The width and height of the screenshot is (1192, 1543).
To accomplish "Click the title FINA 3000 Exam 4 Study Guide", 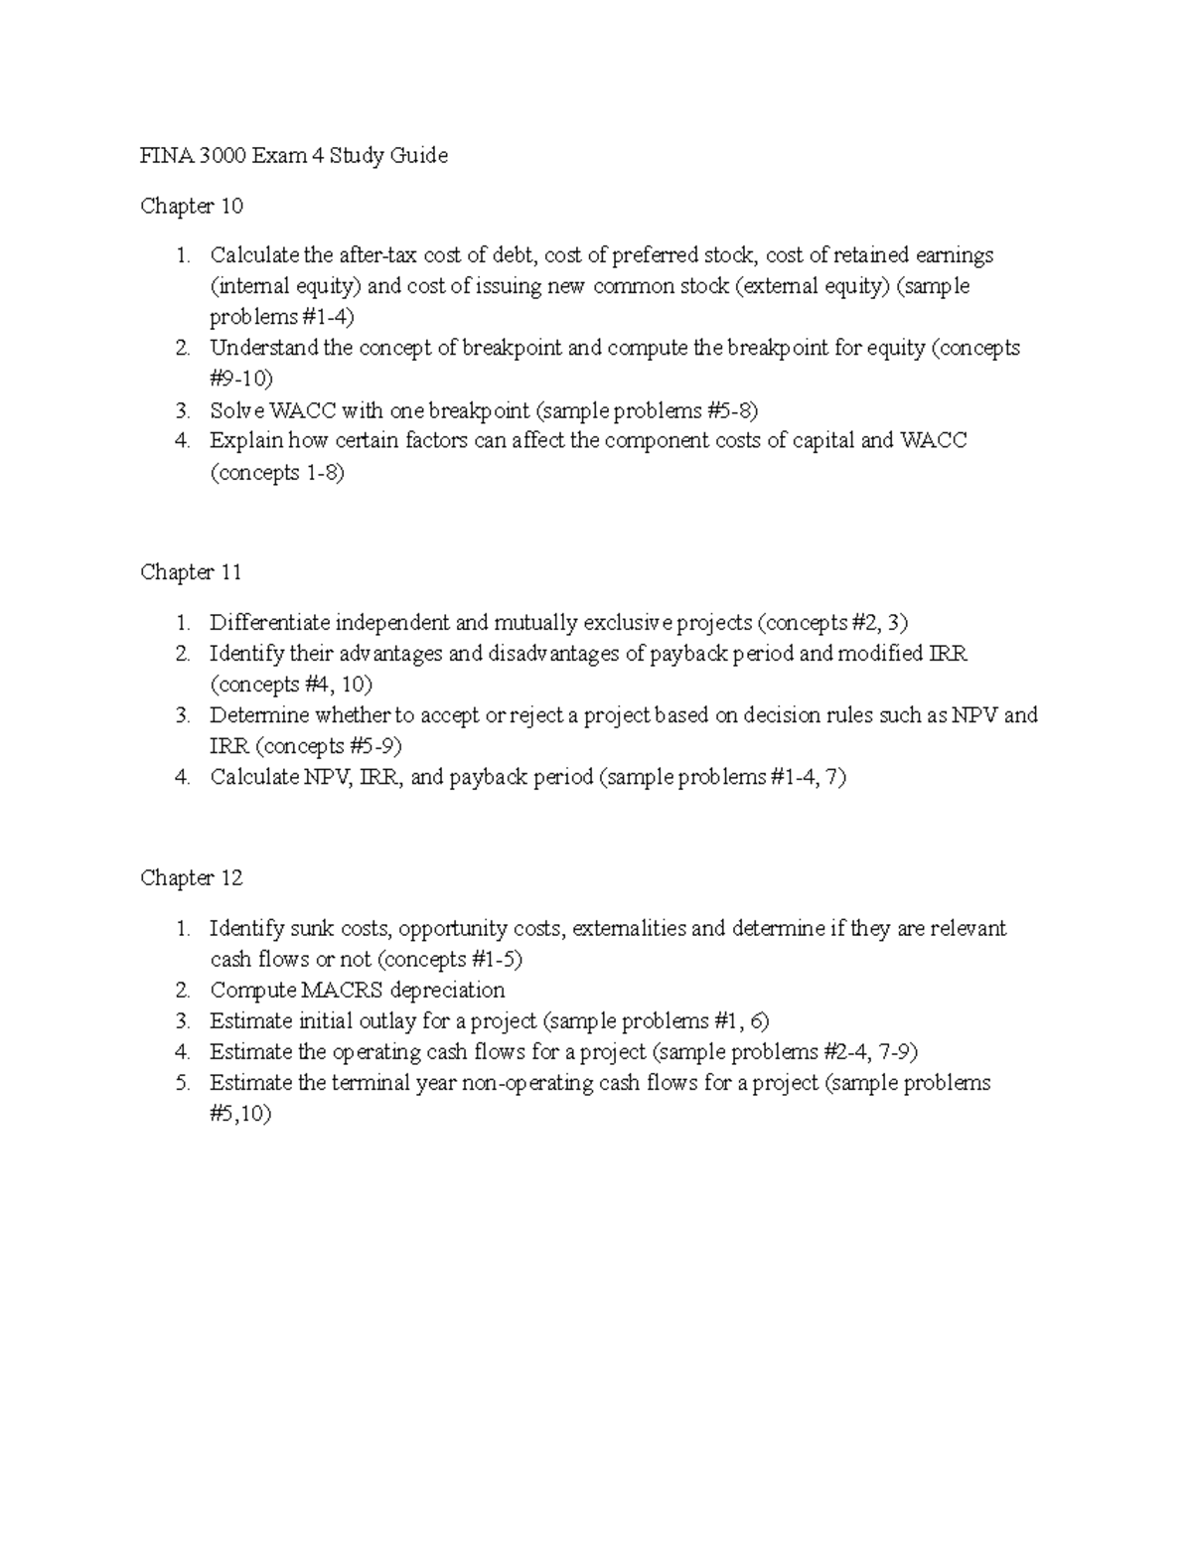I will click(294, 155).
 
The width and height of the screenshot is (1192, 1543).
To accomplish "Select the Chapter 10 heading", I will click(192, 206).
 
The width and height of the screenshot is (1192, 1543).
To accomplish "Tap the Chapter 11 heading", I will click(191, 572).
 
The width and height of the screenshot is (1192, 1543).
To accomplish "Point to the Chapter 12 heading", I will click(192, 878).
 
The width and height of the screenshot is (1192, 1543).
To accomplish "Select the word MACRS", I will click(344, 991).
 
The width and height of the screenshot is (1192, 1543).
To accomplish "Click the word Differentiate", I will click(269, 623).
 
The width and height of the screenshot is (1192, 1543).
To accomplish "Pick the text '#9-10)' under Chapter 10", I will click(240, 379).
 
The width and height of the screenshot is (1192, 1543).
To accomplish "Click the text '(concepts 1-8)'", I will click(277, 473).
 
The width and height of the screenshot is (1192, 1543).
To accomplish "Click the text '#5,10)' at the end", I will click(240, 1114).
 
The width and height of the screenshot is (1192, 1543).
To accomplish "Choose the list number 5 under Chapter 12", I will click(182, 1083).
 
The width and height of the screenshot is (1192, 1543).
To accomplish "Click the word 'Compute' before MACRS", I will click(252, 991).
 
